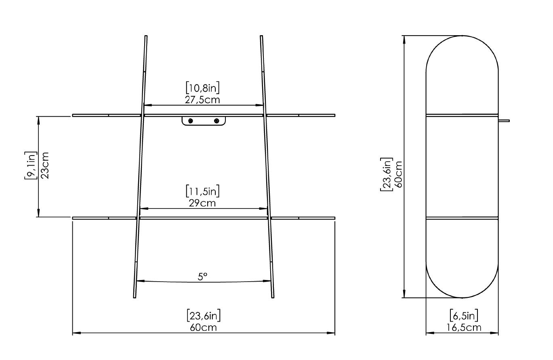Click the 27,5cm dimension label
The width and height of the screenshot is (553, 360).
(203, 100)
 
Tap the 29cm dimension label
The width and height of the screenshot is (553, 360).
(202, 203)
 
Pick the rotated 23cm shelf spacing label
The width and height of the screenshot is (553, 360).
(45, 166)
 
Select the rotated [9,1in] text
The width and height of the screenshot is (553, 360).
(31, 166)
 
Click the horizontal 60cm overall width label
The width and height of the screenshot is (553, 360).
(203, 327)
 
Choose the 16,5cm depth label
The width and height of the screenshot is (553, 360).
(464, 327)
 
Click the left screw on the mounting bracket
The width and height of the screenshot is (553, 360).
(191, 121)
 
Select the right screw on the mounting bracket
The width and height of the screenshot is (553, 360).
(217, 121)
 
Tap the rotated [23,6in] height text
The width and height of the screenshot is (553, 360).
(386, 174)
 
